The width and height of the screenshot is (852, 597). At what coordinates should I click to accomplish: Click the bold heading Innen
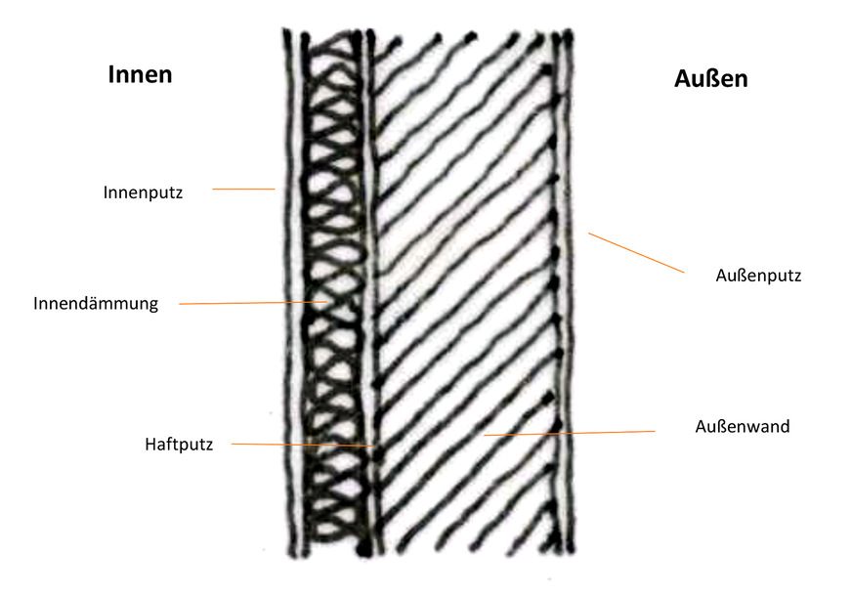[140, 75]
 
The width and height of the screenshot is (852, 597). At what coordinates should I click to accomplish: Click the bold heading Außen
[710, 79]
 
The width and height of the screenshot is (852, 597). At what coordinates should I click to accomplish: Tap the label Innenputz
[143, 192]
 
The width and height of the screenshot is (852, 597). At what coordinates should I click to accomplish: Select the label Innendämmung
[96, 304]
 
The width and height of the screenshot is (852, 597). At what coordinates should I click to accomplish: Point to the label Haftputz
[178, 445]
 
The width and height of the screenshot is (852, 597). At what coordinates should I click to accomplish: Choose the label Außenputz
[758, 276]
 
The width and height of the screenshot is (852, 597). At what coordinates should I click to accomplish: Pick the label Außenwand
[743, 427]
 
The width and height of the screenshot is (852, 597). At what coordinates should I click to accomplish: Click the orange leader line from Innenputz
[243, 190]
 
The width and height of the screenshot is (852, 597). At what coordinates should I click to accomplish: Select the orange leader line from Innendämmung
[254, 303]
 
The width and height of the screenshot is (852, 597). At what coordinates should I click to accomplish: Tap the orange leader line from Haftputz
[303, 446]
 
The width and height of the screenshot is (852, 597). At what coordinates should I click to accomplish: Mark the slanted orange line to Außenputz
[635, 253]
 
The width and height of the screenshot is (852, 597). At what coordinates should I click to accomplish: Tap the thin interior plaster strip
[289, 293]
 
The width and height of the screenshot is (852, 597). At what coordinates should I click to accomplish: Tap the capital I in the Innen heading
[111, 75]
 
